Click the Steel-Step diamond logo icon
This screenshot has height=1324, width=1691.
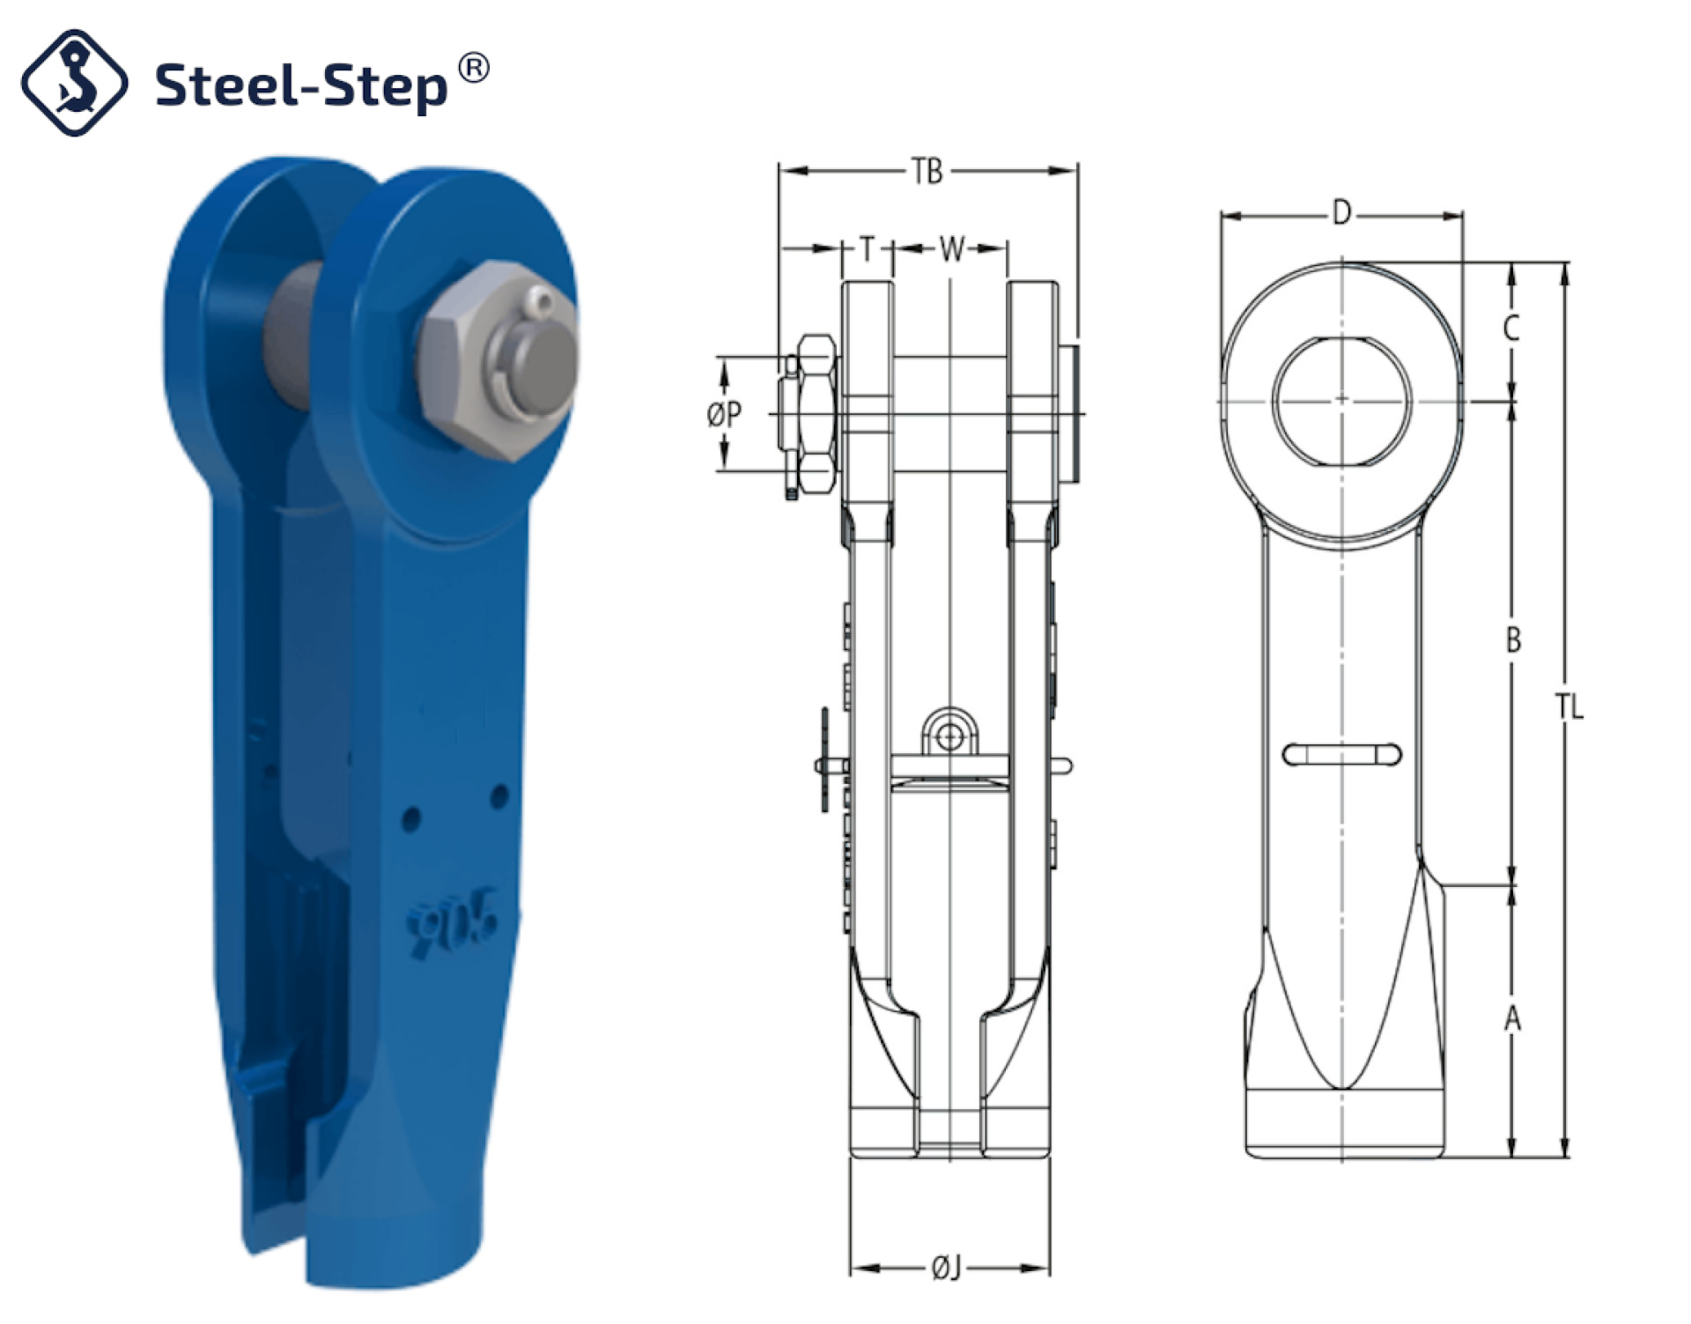pyautogui.click(x=74, y=83)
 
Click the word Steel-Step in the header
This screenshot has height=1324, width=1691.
pyautogui.click(x=301, y=86)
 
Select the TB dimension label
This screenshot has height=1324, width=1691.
pyautogui.click(x=927, y=171)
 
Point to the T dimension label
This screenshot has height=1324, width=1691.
pyautogui.click(x=868, y=249)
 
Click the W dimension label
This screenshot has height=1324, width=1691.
pyautogui.click(x=951, y=249)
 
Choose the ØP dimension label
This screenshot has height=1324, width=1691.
pyautogui.click(x=724, y=414)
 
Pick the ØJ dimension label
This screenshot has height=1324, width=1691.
pyautogui.click(x=947, y=1269)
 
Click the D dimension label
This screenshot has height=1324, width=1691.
pyautogui.click(x=1341, y=212)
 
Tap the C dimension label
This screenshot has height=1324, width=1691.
pyautogui.click(x=1511, y=328)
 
